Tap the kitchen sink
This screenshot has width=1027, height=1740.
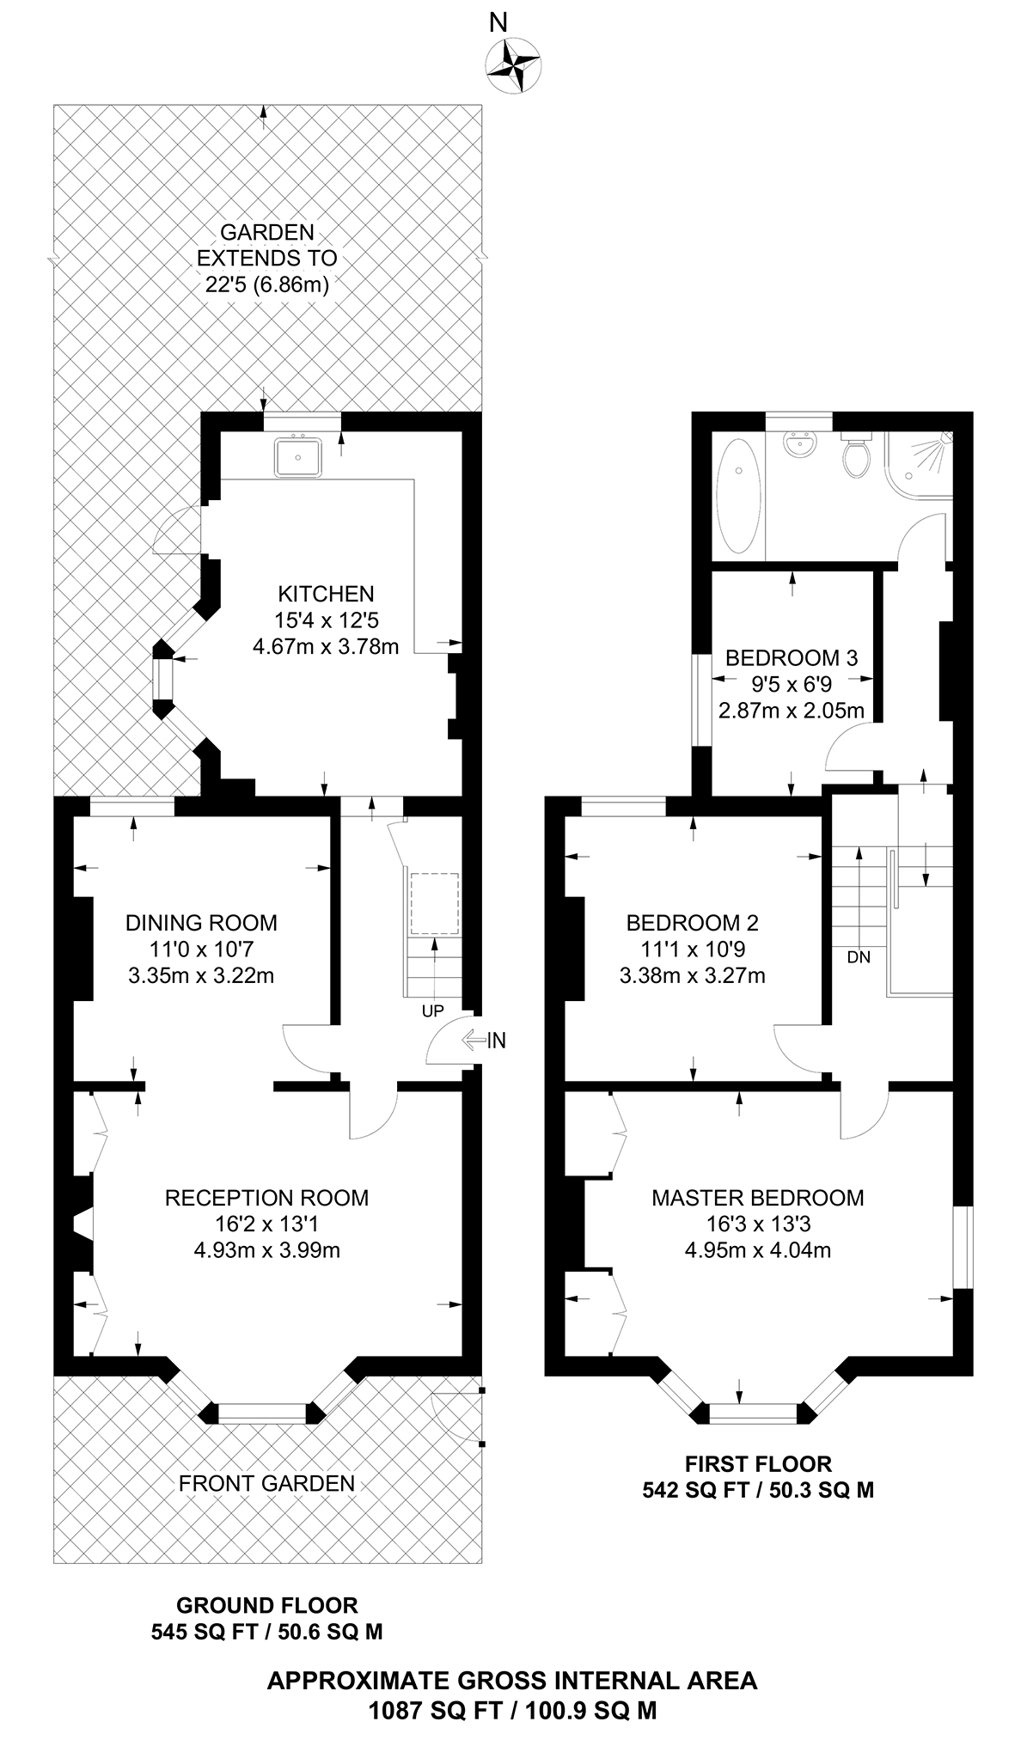coord(298,456)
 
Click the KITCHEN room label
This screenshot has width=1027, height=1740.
coord(326,594)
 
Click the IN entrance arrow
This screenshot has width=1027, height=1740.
coord(485,1041)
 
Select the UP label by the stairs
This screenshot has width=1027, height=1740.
coord(432,1011)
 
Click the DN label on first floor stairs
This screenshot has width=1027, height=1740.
coord(859,957)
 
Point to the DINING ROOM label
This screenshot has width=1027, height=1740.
coord(201,923)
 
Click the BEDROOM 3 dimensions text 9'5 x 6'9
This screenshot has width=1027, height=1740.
coord(792,685)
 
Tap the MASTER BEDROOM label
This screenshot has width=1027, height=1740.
coord(757,1198)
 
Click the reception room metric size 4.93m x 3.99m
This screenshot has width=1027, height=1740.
coord(266,1250)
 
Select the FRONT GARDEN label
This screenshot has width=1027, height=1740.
coord(266,1483)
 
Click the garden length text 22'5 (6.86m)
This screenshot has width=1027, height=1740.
coord(267,284)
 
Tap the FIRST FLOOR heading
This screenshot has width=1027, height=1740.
coord(758,1463)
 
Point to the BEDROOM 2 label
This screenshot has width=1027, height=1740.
coord(692,923)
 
